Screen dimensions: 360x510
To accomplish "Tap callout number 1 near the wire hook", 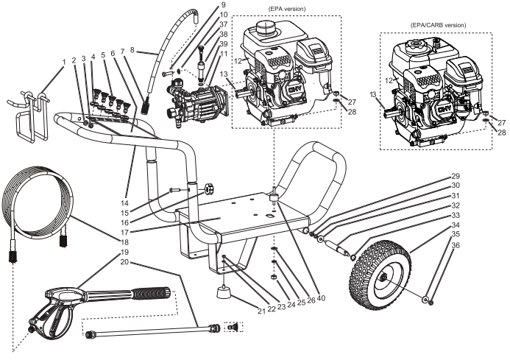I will click(x=65, y=61).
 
